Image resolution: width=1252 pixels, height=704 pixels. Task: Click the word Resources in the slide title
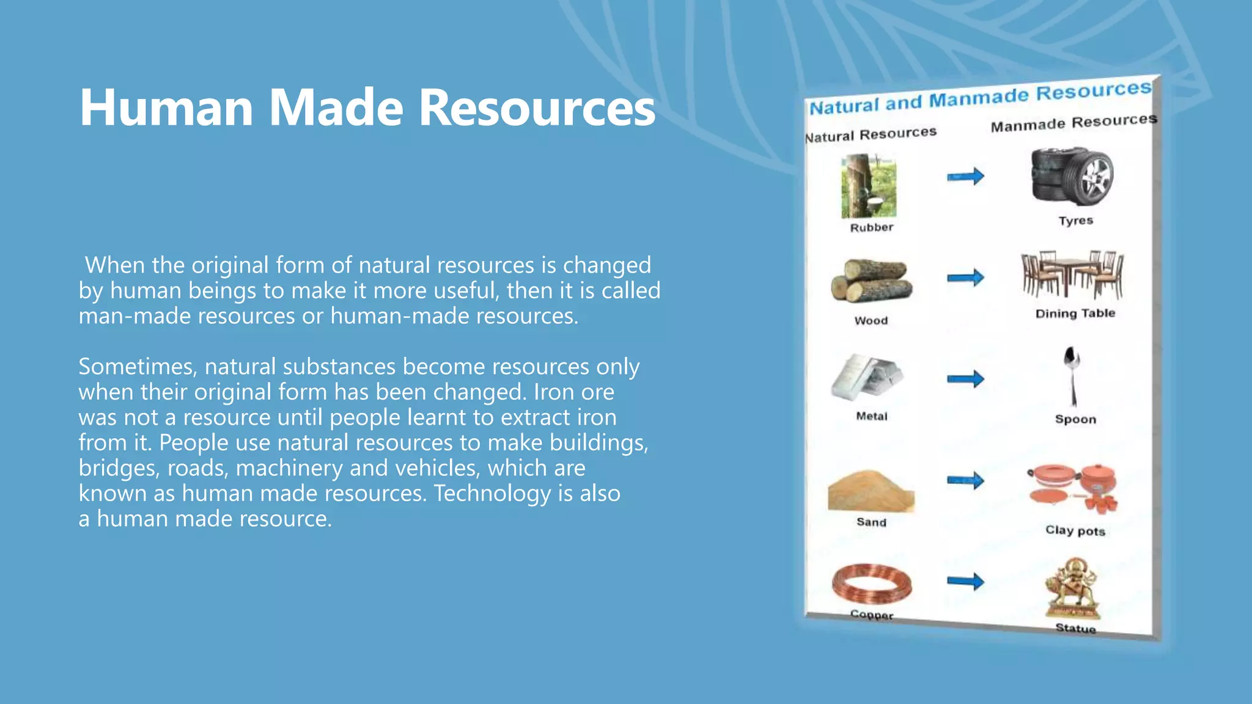537,108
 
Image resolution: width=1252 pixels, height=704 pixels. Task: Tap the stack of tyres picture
1072,176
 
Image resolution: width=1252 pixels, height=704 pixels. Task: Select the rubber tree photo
869,186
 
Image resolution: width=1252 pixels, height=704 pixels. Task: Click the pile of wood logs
871,280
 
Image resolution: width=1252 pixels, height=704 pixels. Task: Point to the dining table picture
1072,274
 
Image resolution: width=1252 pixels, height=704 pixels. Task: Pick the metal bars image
866,377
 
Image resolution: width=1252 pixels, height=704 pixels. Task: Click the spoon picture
1072,376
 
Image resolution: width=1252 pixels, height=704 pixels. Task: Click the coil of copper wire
872,584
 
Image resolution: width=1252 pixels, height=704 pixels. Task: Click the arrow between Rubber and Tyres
966,177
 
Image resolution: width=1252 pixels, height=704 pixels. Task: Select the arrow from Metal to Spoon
966,379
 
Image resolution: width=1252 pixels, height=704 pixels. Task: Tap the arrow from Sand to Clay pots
966,480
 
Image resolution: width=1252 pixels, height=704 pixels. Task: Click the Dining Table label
1075,313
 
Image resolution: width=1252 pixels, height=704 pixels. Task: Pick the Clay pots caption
1075,530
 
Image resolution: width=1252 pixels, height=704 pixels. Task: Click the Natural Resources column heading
871,134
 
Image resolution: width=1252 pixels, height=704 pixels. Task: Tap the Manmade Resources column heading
1074,122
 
